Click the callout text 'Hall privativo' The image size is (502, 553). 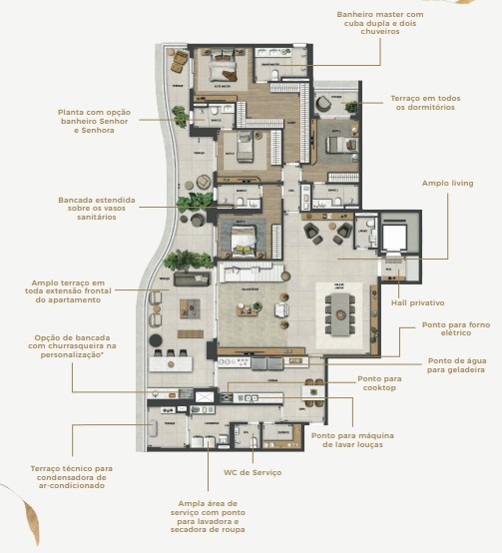click(x=417, y=301)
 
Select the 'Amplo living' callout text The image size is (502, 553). click(x=448, y=183)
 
